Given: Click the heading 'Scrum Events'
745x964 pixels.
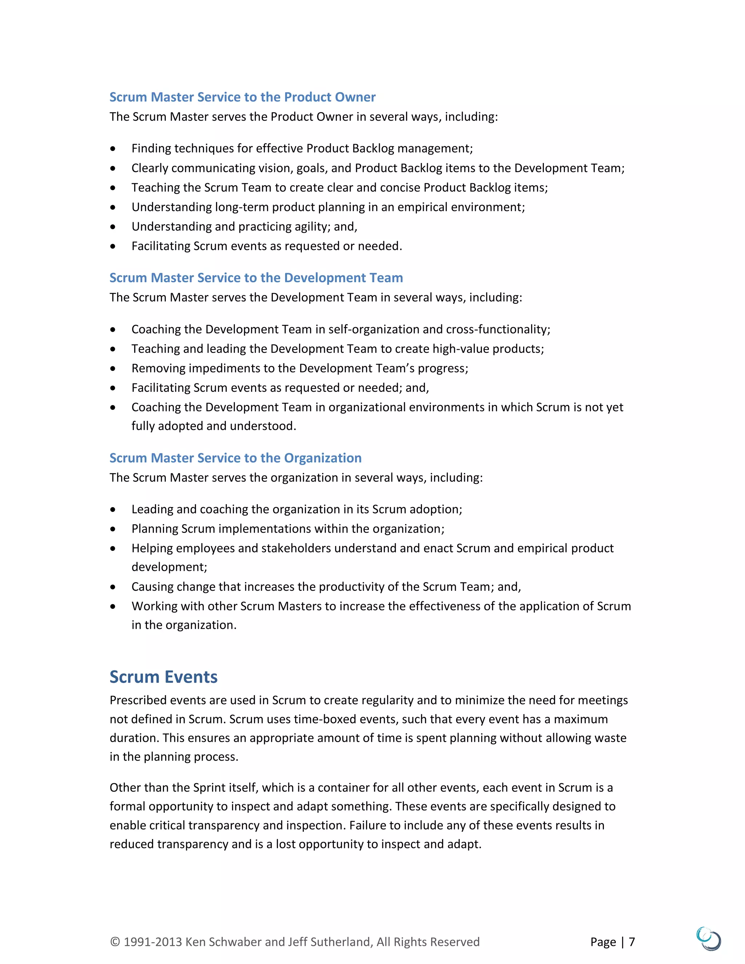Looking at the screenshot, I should click(163, 677).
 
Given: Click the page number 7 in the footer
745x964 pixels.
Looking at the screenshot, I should click(632, 941).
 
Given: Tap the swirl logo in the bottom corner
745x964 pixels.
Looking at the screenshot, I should click(708, 939).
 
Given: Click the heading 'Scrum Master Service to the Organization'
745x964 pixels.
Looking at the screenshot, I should click(235, 458).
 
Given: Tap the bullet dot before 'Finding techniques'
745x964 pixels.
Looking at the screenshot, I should click(113, 149).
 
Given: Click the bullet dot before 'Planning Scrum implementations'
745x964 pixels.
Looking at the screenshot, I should click(113, 529).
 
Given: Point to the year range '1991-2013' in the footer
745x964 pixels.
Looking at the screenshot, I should click(153, 941).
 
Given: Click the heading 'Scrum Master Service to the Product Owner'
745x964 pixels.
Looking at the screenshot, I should click(242, 97).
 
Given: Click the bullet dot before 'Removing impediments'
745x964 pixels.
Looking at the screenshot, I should click(113, 369).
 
